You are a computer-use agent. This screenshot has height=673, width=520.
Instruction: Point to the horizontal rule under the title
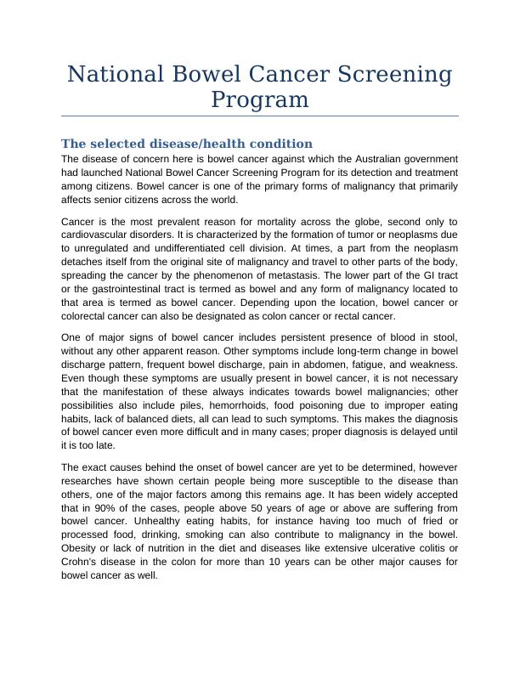point(260,116)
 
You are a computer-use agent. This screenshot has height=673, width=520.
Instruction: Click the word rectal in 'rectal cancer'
point(331,316)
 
